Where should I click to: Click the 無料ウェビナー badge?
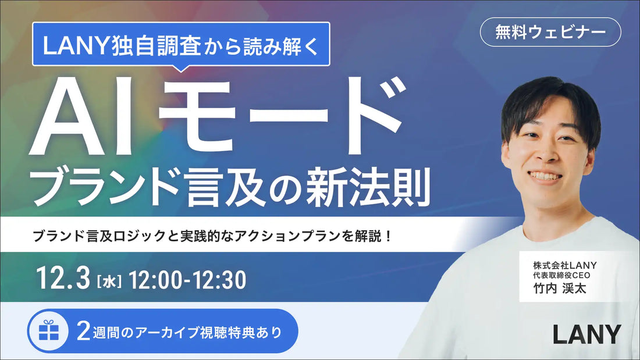(x=550, y=33)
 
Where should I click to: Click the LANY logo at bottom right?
(x=586, y=334)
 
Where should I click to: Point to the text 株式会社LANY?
(x=560, y=265)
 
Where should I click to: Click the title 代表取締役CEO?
(x=557, y=276)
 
